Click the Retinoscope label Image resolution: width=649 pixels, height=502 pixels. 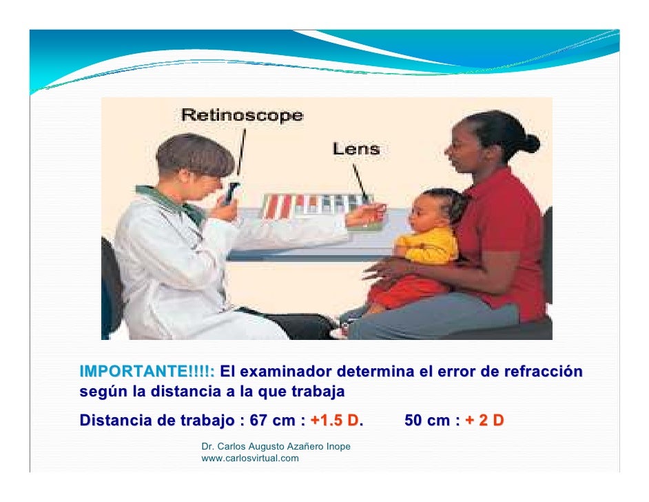pos(242,116)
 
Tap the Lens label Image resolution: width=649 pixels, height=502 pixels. pos(356,148)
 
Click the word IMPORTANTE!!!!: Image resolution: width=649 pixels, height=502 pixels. pos(147,372)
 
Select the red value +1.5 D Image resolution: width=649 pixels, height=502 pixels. pos(335,421)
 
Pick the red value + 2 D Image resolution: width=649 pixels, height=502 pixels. pos(484,421)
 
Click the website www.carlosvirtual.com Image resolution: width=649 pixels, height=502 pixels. pos(250,458)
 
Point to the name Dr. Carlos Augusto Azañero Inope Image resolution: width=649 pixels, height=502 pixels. pos(276,447)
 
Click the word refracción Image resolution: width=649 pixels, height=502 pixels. pos(542,372)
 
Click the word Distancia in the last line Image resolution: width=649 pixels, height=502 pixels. pos(114,421)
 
